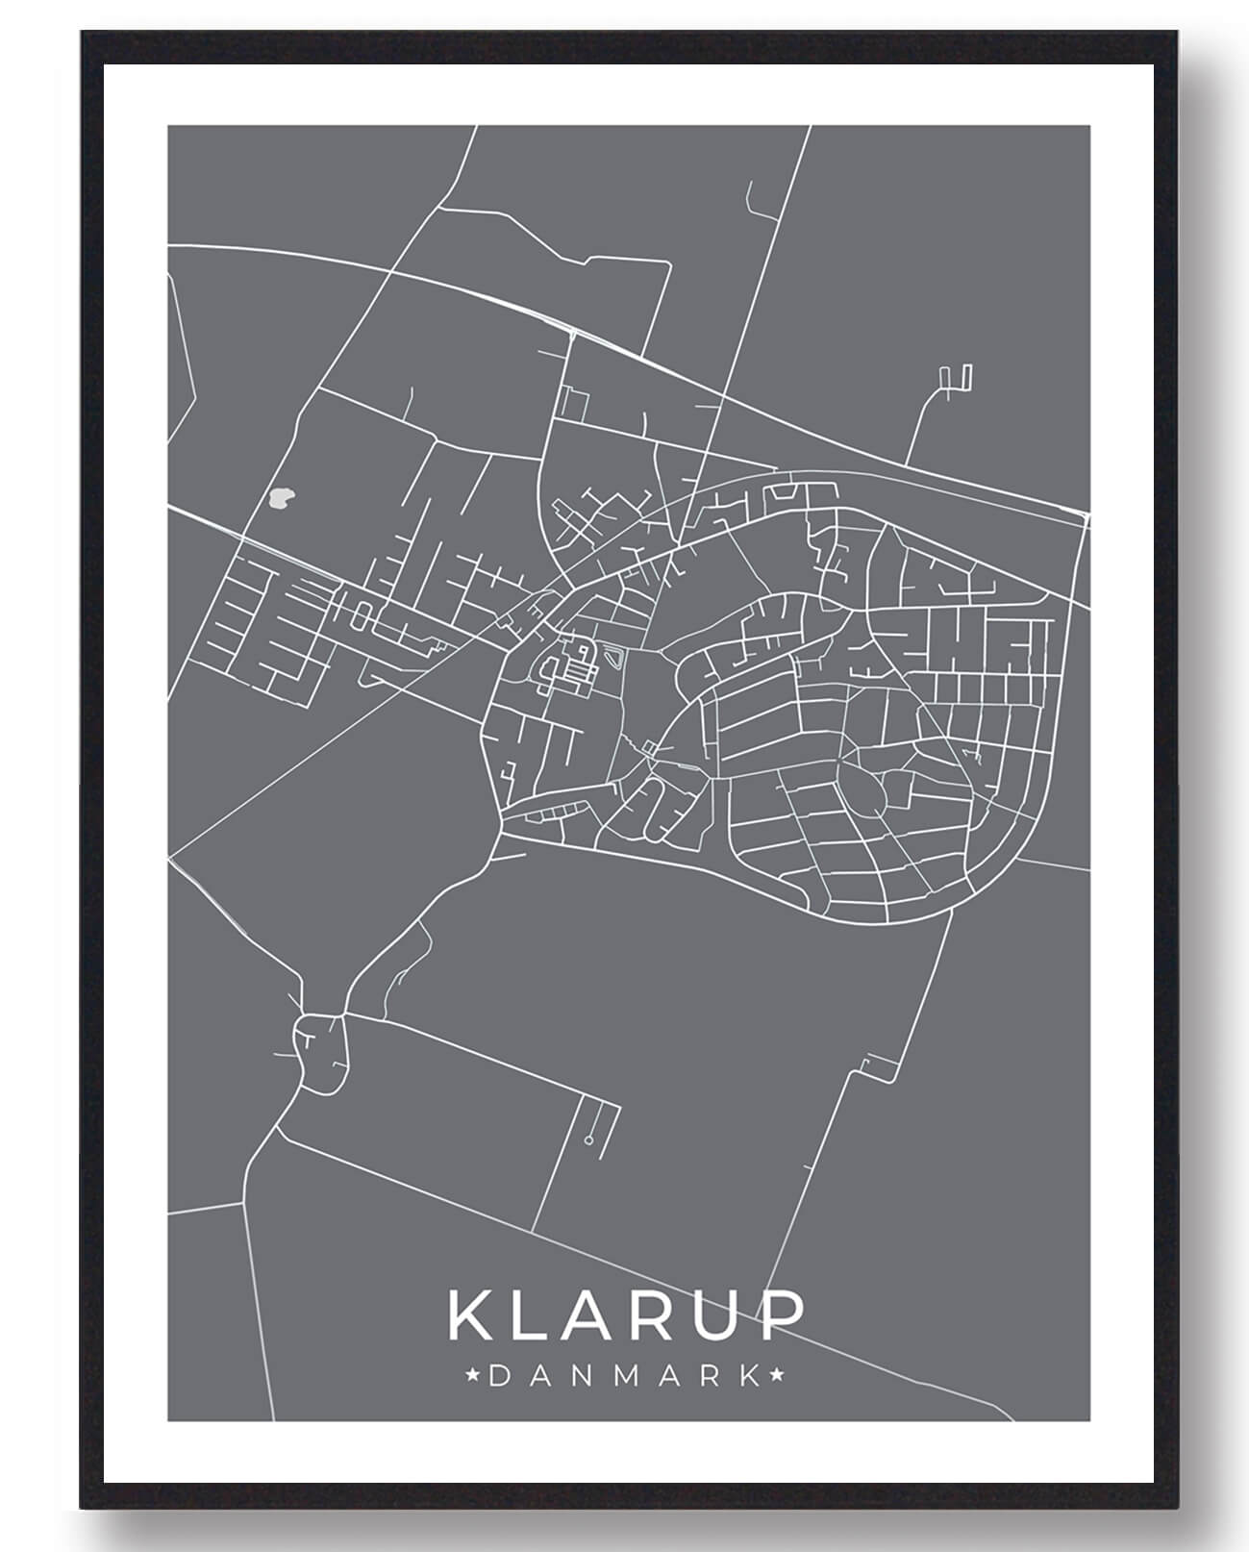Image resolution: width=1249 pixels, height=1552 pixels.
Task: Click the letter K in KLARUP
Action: click(470, 1315)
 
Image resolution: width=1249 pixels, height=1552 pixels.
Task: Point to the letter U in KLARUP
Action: click(725, 1315)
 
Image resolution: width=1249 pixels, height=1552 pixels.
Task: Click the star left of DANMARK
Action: click(473, 1376)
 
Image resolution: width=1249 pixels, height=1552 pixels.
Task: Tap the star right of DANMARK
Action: click(777, 1376)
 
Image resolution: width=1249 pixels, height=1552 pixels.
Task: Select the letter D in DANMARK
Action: click(500, 1376)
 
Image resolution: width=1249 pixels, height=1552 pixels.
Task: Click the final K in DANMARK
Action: click(749, 1376)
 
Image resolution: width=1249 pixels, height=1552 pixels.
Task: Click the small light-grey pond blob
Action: click(281, 498)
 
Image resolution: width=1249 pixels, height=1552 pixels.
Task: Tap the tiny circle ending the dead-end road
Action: click(587, 1140)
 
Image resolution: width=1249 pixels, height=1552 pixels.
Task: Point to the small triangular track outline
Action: click(614, 659)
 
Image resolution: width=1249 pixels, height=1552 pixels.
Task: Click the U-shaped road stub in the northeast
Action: click(958, 379)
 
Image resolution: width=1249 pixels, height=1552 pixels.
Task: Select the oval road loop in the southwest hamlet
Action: click(320, 1052)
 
